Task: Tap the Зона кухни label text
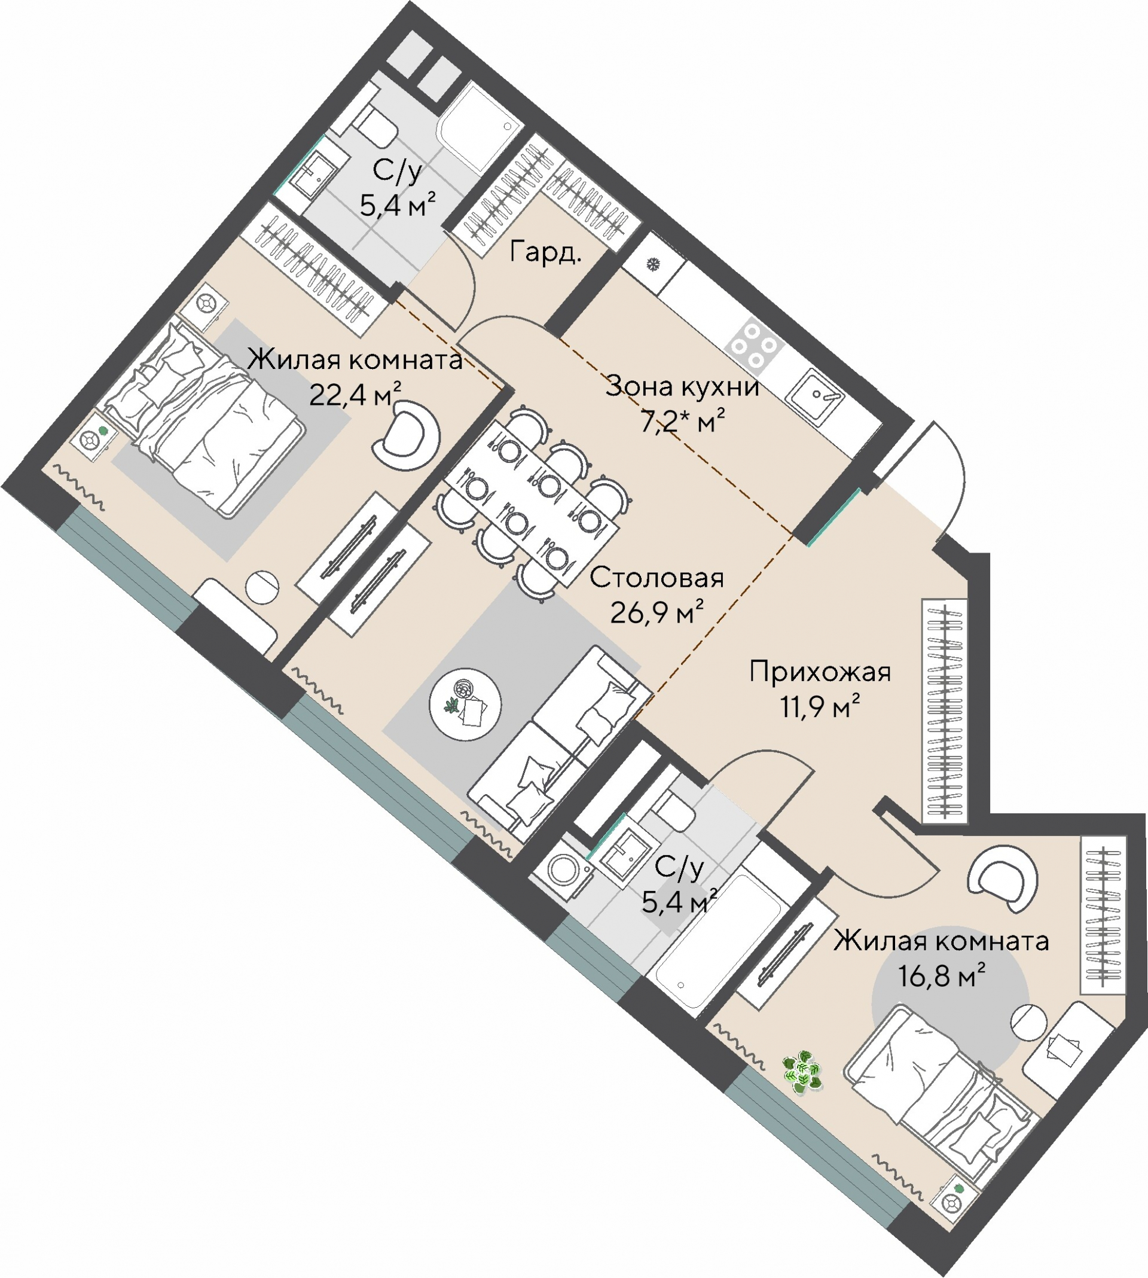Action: [x=682, y=386]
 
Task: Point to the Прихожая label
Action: [x=820, y=672]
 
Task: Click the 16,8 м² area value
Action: [x=942, y=976]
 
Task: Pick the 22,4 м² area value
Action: [x=355, y=394]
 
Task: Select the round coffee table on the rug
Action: [x=465, y=704]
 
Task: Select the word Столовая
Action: [x=657, y=578]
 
